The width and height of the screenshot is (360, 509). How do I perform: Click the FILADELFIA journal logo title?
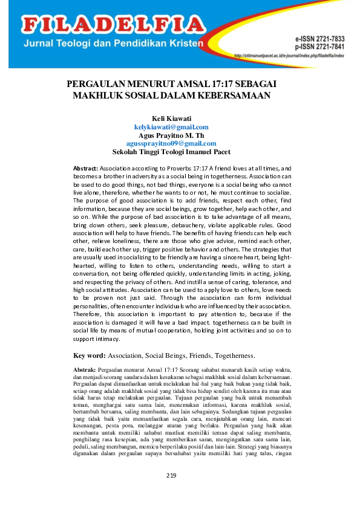click(x=114, y=25)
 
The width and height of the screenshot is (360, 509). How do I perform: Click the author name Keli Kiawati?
click(x=171, y=118)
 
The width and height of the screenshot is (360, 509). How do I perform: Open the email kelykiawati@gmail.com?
click(x=171, y=127)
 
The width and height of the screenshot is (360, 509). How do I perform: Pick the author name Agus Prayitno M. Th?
click(x=171, y=135)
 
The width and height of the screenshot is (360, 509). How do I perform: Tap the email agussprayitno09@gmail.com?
click(x=171, y=144)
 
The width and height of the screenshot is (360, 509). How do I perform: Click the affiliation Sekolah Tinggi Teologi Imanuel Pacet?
click(x=171, y=152)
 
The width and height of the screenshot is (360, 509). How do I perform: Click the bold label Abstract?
click(x=85, y=167)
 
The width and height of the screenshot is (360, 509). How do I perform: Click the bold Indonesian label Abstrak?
click(x=84, y=369)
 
